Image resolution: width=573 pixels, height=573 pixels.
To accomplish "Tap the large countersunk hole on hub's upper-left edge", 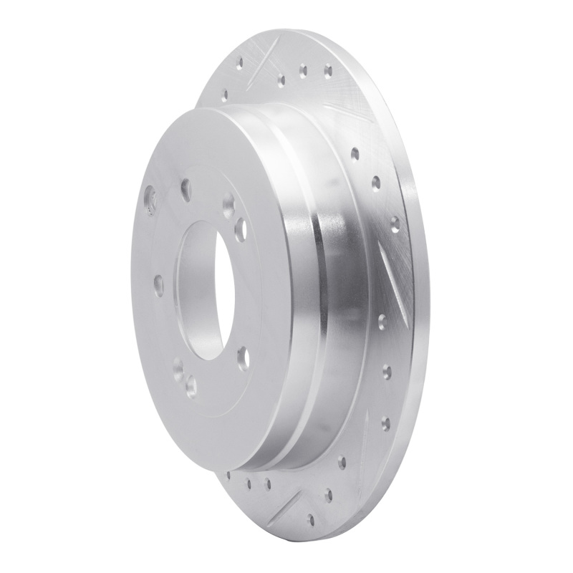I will [150, 201].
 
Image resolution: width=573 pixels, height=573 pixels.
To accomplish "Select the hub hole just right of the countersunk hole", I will [186, 190].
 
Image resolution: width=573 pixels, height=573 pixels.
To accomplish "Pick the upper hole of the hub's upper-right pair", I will [228, 207].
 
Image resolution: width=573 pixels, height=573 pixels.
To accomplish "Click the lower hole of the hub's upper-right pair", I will [241, 229].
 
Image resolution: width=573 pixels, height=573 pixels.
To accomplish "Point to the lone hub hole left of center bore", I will [158, 285].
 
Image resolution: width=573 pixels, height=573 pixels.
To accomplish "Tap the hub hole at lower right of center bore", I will [244, 358].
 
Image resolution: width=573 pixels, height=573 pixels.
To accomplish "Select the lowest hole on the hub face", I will [191, 387].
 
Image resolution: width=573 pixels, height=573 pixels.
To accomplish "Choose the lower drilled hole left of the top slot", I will [224, 93].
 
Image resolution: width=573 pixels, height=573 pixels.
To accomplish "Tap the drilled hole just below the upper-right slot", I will [355, 153].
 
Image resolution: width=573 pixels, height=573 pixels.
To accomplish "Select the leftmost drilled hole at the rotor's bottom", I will [228, 475].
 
